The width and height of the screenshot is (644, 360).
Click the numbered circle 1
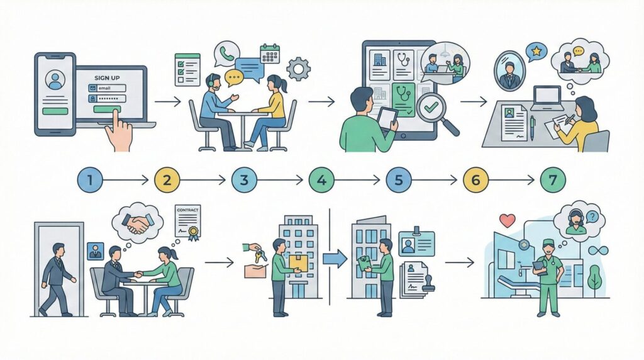[90, 180]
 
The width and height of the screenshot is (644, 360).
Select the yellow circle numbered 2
[167, 180]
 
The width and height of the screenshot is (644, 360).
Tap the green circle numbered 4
[321, 180]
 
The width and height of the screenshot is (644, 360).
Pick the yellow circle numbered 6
[475, 180]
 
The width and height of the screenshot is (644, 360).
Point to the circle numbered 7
[553, 180]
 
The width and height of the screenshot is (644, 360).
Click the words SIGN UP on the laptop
[106, 77]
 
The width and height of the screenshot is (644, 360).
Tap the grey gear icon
[298, 68]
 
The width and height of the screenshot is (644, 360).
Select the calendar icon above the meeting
[270, 53]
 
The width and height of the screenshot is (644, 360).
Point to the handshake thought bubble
[137, 222]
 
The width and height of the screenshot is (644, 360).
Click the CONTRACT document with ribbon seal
[187, 223]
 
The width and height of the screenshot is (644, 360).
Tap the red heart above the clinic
[507, 220]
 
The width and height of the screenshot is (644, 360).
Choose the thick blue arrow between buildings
[334, 258]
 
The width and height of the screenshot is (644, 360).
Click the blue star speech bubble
[536, 51]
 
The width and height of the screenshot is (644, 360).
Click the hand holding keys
[257, 252]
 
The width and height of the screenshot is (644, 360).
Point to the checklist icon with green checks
[187, 69]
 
